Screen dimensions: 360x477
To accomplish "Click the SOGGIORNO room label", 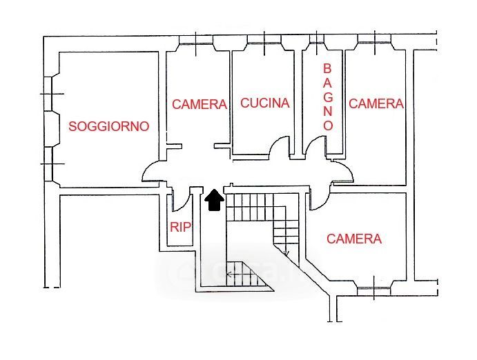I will tap(109, 127).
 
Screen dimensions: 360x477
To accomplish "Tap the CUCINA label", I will tap(265, 103).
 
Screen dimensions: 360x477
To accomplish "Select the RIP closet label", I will tap(181, 227).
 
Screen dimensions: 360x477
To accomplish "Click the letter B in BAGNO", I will tap(328, 69).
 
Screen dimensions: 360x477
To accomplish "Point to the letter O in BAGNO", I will tap(328, 126).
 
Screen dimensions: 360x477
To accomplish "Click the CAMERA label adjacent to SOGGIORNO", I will tap(199, 105).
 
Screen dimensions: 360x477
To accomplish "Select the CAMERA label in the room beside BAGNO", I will tap(376, 104).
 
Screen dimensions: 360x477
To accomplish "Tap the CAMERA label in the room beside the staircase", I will tap(354, 239).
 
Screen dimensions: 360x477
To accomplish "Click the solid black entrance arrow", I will tap(214, 199).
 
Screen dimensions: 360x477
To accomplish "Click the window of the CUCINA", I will tap(265, 42).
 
